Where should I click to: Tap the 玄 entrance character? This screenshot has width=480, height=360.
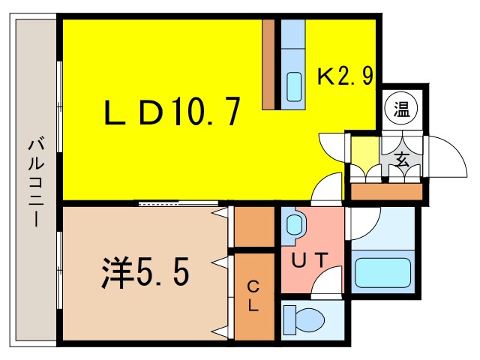pos(402,158)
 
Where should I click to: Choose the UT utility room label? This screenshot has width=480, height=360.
pos(309,260)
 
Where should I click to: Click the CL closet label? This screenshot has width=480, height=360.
pos(254,295)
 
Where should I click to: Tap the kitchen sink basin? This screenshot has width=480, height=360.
pos(294,86)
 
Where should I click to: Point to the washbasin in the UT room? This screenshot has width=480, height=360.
pos(295,224)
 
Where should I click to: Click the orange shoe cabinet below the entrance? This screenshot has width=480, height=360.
pos(387,192)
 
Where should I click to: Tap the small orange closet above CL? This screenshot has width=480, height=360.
pos(254,227)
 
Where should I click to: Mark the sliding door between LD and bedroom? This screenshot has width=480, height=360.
pos(178,203)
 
